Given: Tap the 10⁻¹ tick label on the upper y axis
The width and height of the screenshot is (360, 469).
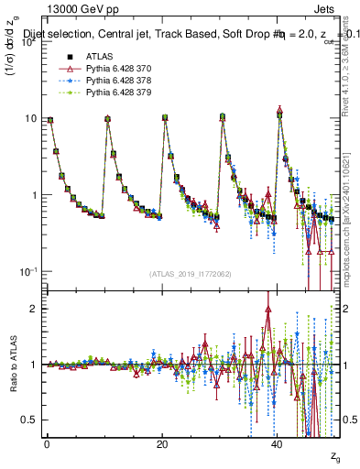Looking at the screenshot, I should [x=28, y=272].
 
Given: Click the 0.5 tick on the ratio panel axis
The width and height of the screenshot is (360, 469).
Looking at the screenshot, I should [x=28, y=420].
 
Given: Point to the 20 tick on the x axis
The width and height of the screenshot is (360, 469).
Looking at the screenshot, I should [x=161, y=444].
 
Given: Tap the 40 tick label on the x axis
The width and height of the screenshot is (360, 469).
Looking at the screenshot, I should [x=277, y=444].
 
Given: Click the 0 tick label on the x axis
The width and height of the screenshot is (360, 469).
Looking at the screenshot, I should [x=46, y=444].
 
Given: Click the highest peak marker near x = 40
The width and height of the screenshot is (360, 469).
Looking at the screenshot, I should [x=279, y=110].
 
